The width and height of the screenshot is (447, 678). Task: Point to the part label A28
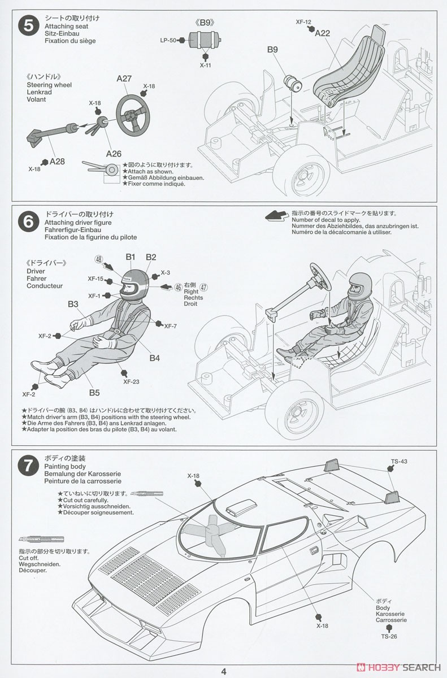coord(57,161)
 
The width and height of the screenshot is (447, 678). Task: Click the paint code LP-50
coord(168,40)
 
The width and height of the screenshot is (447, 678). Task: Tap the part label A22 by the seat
coord(323,33)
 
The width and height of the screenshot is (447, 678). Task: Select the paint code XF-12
coord(303,22)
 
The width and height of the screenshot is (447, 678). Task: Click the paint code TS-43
coord(399,461)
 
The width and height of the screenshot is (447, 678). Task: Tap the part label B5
coord(94,393)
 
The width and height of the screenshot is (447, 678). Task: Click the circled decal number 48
coord(99,259)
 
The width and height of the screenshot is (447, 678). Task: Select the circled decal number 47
coord(204,286)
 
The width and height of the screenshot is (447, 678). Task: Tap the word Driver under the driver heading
coord(36,271)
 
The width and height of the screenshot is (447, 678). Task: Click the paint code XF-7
coord(171,326)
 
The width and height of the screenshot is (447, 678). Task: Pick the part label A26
coord(114,153)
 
